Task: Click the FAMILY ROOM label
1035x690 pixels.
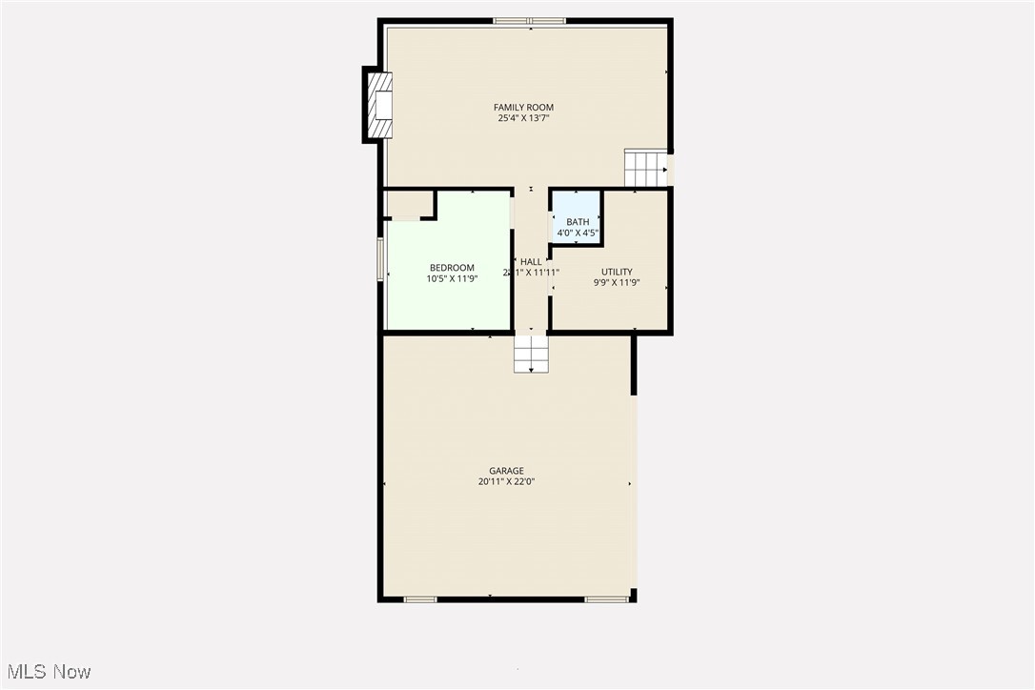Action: (x=523, y=108)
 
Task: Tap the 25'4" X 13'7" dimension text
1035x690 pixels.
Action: (x=523, y=118)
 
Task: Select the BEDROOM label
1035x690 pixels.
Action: (x=452, y=268)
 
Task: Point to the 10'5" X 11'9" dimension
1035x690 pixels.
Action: (x=452, y=278)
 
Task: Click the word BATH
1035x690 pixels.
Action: (x=578, y=222)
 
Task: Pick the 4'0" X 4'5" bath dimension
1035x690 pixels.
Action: (x=578, y=233)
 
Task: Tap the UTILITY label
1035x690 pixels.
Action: (x=617, y=272)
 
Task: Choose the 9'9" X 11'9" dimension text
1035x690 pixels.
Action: (x=617, y=282)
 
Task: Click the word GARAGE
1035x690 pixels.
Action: (x=506, y=471)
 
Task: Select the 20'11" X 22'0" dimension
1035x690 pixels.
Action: (x=506, y=482)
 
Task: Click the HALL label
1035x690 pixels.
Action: (x=531, y=262)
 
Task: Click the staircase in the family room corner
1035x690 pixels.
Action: (x=645, y=168)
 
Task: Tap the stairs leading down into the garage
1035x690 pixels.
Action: (x=532, y=354)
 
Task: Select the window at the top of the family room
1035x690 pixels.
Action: (x=529, y=21)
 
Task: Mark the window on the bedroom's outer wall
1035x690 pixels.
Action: (x=381, y=259)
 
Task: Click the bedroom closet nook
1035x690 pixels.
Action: (x=408, y=204)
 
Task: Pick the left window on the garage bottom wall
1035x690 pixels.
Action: (x=420, y=599)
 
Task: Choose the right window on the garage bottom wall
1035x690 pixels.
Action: (x=606, y=599)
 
